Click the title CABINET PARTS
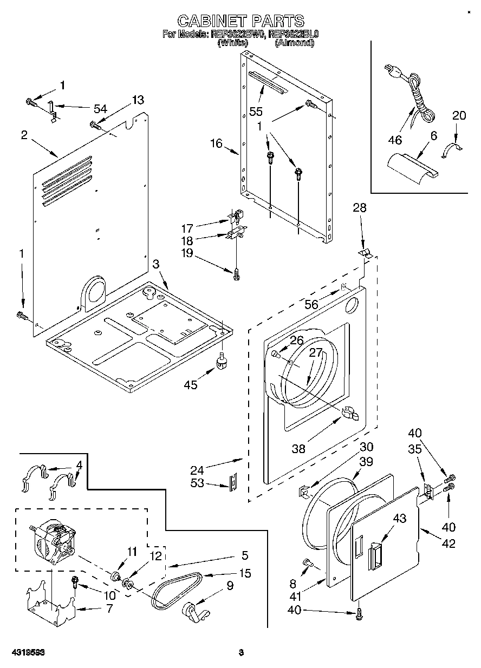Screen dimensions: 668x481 (241, 21)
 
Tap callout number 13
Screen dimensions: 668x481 (138, 100)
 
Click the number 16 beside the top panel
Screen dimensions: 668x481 (216, 143)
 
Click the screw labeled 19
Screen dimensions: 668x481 (237, 274)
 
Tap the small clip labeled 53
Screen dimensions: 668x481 (233, 480)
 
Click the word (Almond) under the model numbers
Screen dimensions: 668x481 (294, 43)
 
